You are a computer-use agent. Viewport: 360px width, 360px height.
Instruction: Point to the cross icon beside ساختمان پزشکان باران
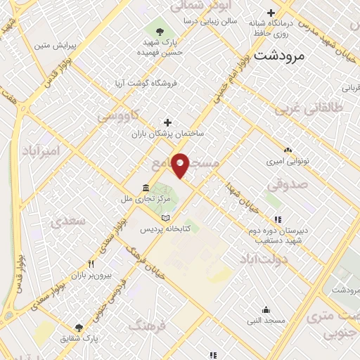click(167, 122)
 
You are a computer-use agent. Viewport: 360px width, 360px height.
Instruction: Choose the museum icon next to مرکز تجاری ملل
click(145, 188)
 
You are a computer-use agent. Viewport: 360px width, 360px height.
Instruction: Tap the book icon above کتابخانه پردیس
click(165, 218)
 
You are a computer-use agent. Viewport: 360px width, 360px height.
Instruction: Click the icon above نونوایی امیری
click(288, 150)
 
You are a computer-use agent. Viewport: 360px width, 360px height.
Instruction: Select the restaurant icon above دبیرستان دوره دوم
click(278, 219)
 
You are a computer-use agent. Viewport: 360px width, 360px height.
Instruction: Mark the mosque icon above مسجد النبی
click(266, 310)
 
